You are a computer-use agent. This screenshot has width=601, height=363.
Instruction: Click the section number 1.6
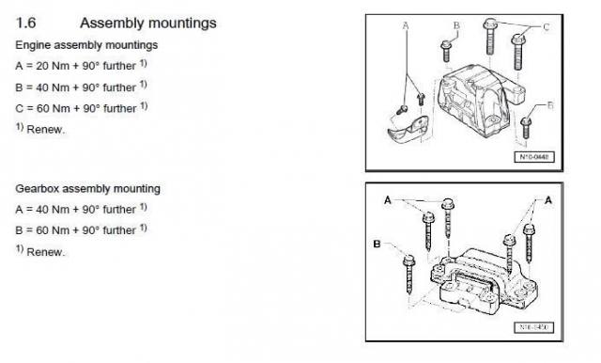pyautogui.click(x=25, y=23)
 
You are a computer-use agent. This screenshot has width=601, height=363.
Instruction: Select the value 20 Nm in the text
pyautogui.click(x=53, y=66)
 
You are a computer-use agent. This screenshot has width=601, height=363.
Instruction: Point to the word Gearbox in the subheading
pyautogui.click(x=38, y=189)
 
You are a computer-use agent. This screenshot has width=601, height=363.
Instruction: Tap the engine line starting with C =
pyautogui.click(x=82, y=108)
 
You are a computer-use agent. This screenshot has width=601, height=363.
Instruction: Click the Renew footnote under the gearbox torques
pyautogui.click(x=40, y=251)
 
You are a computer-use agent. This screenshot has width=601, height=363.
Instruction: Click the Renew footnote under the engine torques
pyautogui.click(x=40, y=129)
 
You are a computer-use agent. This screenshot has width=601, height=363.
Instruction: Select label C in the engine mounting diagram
pyautogui.click(x=547, y=27)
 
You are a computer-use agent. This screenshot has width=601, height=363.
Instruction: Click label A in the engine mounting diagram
pyautogui.click(x=406, y=25)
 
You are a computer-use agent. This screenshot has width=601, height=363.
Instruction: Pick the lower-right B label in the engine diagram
pyautogui.click(x=550, y=105)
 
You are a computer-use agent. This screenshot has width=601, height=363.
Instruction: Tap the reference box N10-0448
pyautogui.click(x=534, y=157)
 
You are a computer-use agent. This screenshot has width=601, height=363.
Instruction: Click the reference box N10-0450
pyautogui.click(x=533, y=327)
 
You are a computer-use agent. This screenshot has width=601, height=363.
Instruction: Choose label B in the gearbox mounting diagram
pyautogui.click(x=377, y=245)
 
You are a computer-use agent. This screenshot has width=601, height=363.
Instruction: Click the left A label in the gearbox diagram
pyautogui.click(x=388, y=200)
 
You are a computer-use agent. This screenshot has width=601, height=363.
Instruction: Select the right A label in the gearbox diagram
pyautogui.click(x=548, y=200)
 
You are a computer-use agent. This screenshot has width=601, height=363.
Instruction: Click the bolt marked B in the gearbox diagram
pyautogui.click(x=409, y=274)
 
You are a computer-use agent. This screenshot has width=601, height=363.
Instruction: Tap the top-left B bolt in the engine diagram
pyautogui.click(x=446, y=51)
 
